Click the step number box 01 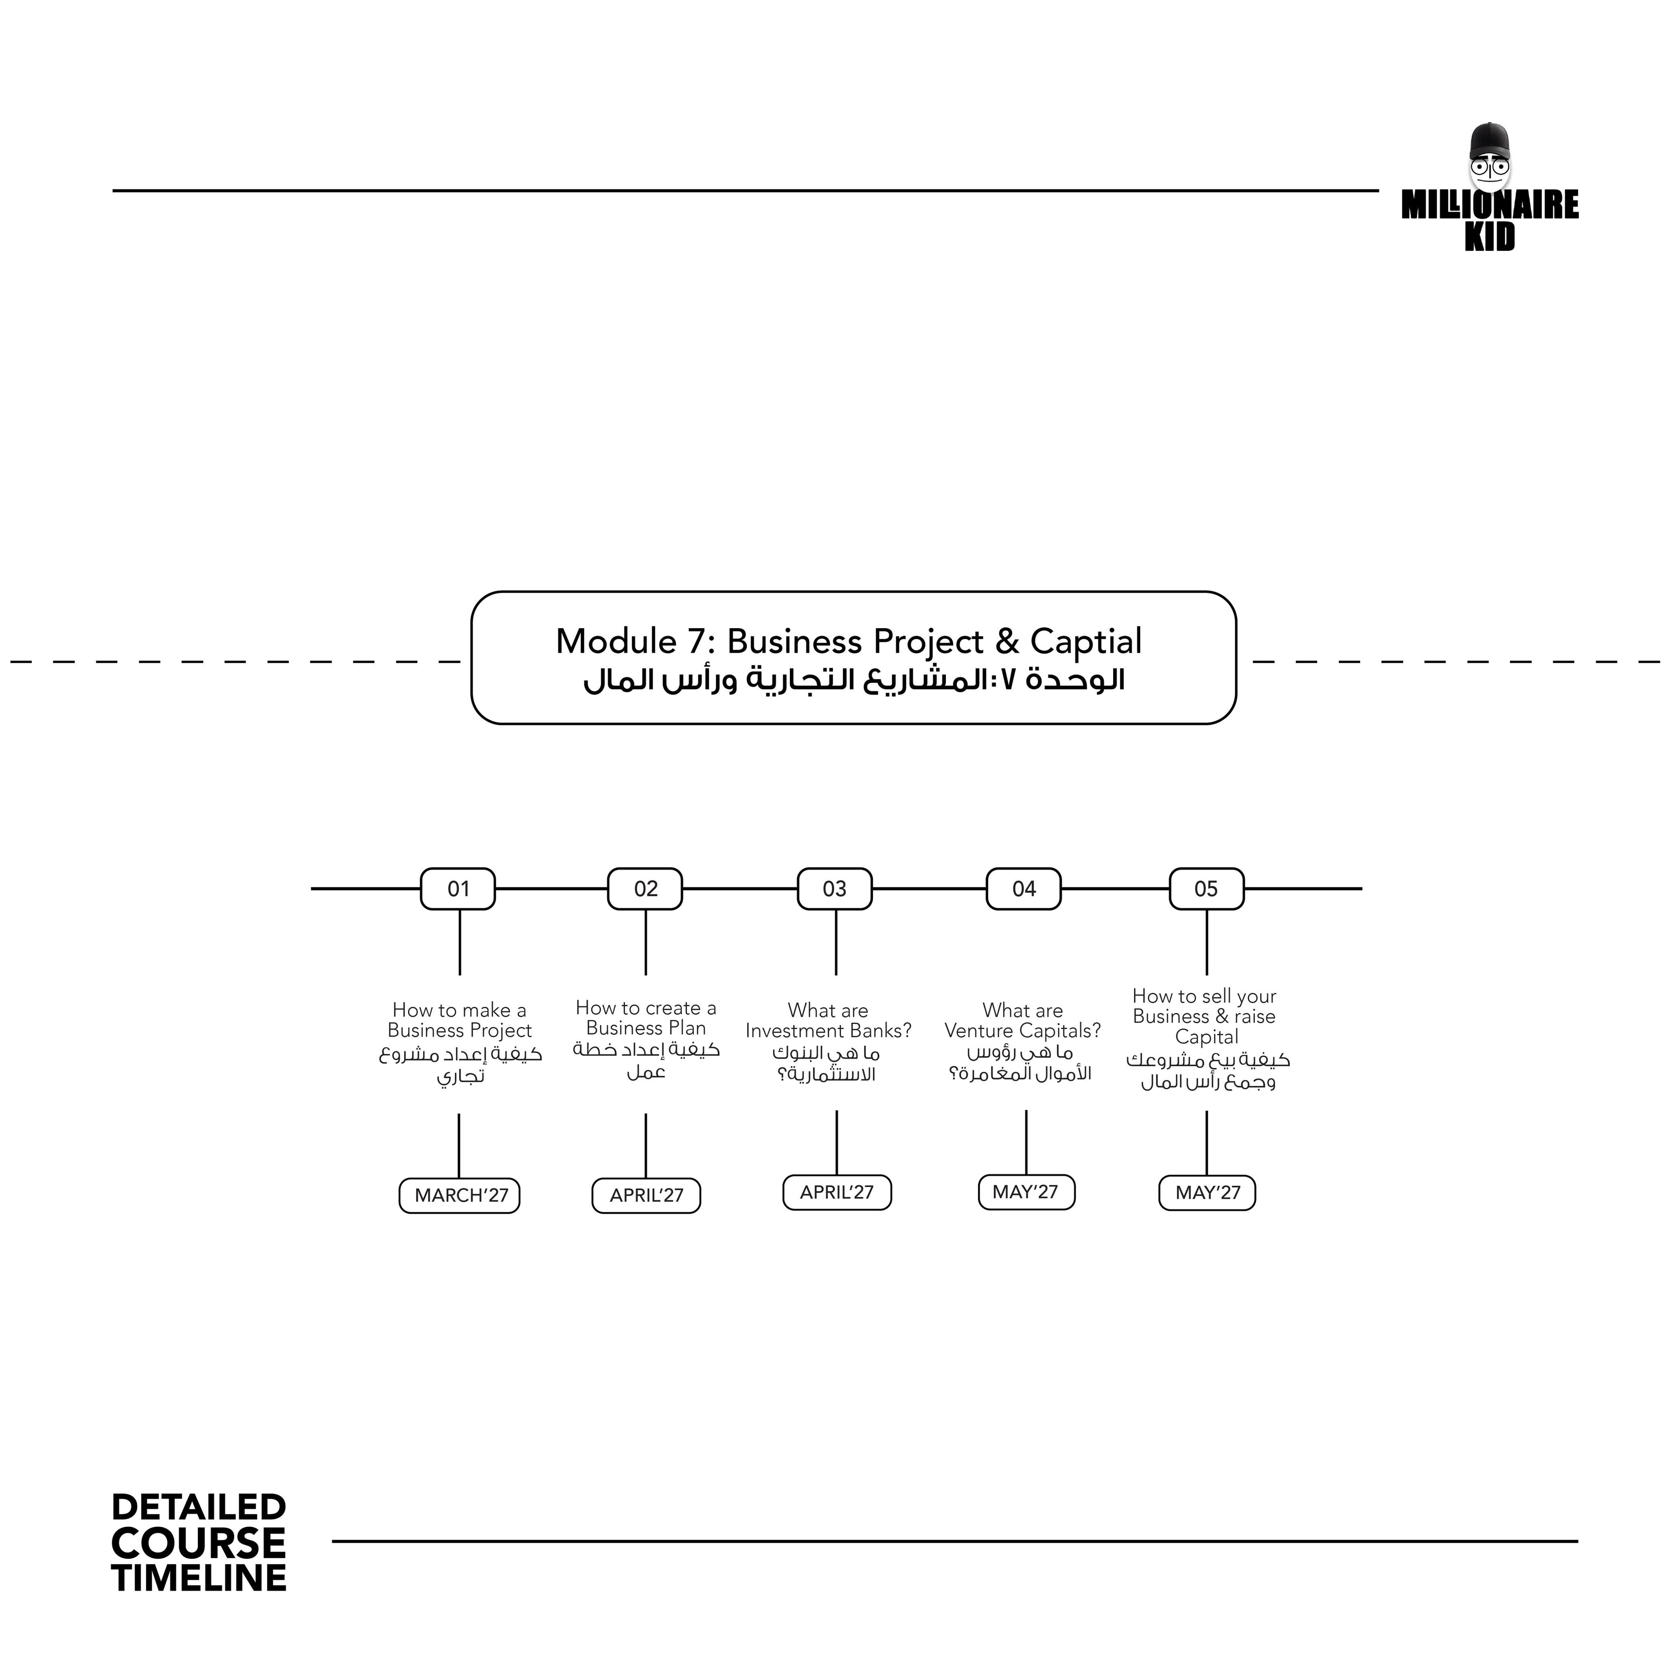458,888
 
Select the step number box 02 645,888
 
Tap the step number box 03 835,888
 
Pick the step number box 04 1023,888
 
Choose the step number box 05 1206,888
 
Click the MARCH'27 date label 460,1196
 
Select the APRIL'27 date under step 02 646,1196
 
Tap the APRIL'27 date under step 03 836,1192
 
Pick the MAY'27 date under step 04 1026,1192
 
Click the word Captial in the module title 1086,642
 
